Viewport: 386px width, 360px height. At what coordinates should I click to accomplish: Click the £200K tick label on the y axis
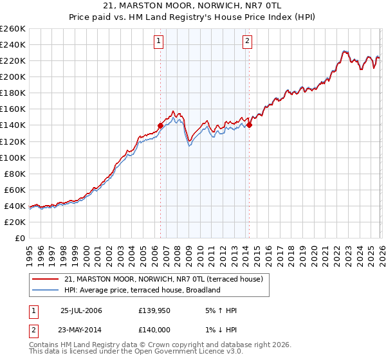pos(12,76)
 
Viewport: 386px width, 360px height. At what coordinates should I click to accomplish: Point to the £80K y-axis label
pos(14,174)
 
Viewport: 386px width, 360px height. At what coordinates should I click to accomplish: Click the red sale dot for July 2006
pos(160,125)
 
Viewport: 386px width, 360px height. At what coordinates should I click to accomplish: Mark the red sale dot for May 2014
pos(249,125)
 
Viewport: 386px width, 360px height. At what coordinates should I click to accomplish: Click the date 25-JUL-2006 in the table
pos(81,310)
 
